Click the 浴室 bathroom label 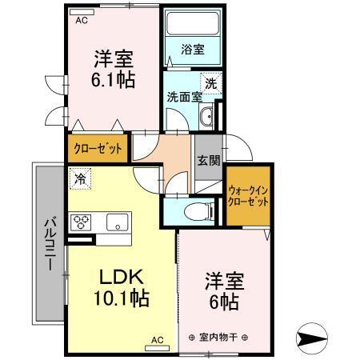point(192,50)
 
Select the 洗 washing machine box point(210,82)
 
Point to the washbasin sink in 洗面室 point(206,117)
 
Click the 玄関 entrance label point(207,159)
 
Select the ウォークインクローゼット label point(248,197)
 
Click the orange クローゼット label point(97,149)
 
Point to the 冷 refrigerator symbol point(81,179)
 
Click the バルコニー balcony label point(48,244)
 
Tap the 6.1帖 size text point(113,80)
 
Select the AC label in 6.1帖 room point(81,21)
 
